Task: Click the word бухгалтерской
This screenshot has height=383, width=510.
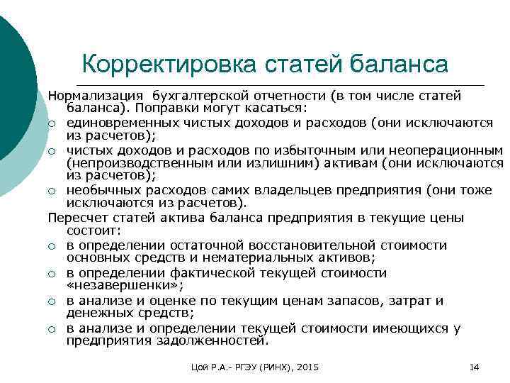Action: click(198, 95)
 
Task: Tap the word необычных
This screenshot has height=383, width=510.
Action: click(98, 191)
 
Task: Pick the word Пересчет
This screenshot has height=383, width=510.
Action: click(75, 218)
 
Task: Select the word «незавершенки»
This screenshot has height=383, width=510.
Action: click(113, 287)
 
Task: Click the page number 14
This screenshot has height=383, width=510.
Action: click(475, 367)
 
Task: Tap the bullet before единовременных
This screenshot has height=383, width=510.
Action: click(52, 124)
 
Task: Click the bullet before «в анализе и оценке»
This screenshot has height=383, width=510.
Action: click(52, 301)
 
